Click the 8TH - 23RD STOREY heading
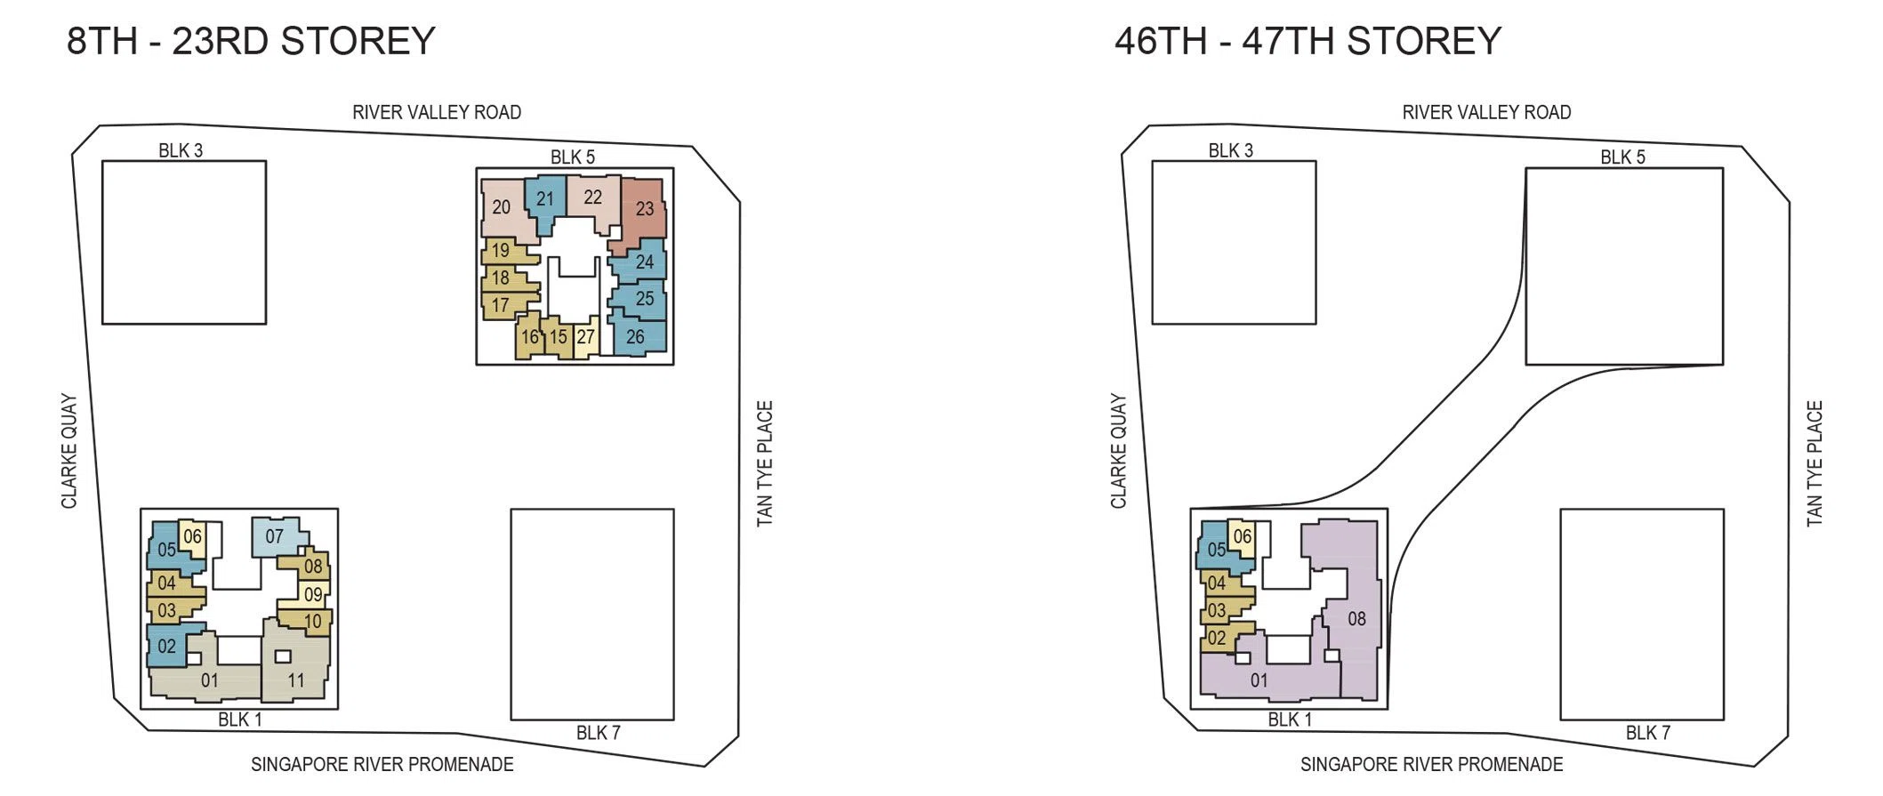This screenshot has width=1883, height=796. [251, 41]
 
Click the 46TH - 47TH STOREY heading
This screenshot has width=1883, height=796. [1308, 41]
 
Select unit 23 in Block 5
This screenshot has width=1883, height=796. [643, 210]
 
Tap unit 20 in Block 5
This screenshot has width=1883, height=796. [505, 208]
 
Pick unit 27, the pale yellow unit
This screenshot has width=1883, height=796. [585, 337]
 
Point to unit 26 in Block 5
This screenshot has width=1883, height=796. [639, 335]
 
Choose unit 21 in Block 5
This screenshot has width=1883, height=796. [545, 201]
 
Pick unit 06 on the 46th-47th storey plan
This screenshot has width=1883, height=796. [1243, 537]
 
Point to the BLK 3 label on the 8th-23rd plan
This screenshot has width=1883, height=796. [181, 150]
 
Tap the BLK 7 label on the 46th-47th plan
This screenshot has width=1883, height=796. [1648, 733]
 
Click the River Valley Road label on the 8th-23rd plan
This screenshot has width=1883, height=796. [437, 112]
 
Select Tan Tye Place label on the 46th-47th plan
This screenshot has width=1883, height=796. [1815, 463]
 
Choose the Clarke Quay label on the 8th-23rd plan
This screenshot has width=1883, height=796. [68, 451]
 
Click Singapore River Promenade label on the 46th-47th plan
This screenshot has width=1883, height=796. [1431, 764]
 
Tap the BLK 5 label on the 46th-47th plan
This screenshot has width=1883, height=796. [1623, 157]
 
